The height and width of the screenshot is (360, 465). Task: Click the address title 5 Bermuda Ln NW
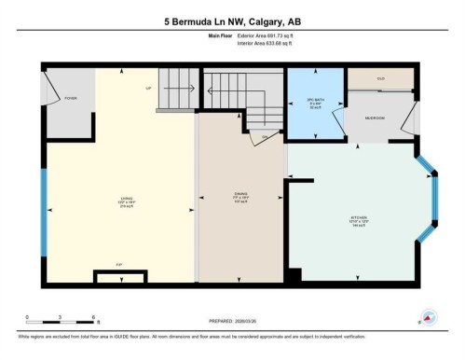tap(232, 20)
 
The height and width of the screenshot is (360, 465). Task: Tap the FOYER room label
tap(69, 97)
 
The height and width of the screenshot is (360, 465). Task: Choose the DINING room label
tap(239, 198)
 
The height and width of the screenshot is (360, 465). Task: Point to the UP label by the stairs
tap(147, 89)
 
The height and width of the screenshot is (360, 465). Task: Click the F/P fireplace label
tap(119, 266)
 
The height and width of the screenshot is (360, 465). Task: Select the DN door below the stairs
tap(263, 137)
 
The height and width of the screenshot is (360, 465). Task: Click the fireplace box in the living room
tap(119, 276)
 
